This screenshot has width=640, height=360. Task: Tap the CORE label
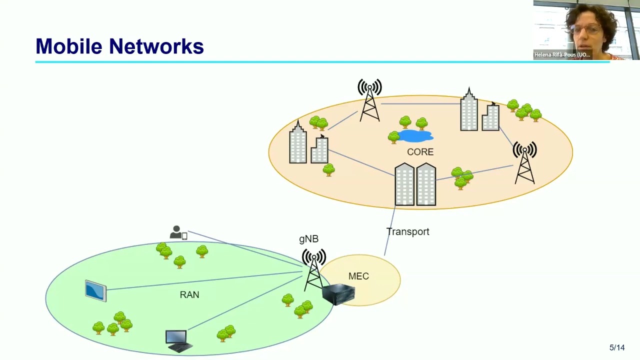point(420,152)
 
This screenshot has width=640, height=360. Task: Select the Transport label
point(407,231)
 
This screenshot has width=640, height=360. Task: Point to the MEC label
point(358,276)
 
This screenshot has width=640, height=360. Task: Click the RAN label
point(189,295)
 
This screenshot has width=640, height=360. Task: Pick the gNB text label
point(308,239)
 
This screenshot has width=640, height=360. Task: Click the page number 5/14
point(617,347)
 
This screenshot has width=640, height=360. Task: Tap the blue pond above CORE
point(415,135)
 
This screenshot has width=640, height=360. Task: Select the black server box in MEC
point(338,294)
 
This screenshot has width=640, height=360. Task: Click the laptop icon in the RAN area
point(177,340)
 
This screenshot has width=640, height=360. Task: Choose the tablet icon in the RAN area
point(95,290)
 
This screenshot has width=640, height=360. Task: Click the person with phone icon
point(178,233)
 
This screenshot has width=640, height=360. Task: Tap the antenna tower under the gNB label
point(313,270)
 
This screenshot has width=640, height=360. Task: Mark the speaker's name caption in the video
point(562,55)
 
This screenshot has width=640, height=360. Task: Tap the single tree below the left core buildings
point(328,170)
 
